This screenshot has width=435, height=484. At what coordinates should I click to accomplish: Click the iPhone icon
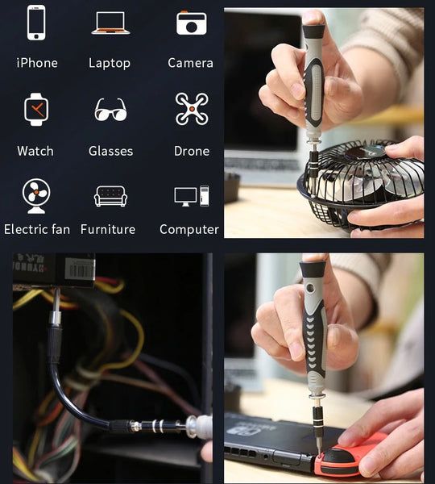click(x=36, y=23)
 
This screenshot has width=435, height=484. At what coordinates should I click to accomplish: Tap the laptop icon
click(x=110, y=23)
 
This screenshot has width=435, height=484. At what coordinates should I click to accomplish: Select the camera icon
click(x=192, y=23)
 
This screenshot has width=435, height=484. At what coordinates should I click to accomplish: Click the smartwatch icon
click(x=36, y=109)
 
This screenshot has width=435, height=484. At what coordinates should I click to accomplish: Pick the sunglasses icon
click(x=110, y=110)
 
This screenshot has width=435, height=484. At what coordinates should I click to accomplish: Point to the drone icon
click(x=192, y=109)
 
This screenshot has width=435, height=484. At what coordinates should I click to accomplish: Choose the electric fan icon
click(x=36, y=196)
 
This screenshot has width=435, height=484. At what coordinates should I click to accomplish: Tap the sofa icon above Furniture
click(x=110, y=196)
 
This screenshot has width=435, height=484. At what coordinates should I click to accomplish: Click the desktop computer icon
click(x=192, y=196)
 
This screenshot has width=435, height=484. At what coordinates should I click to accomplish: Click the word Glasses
click(x=110, y=151)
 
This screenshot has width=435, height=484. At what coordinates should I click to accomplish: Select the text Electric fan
click(x=37, y=229)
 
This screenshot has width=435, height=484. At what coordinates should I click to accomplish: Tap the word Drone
click(x=192, y=151)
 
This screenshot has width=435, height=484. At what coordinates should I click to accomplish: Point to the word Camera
click(x=190, y=63)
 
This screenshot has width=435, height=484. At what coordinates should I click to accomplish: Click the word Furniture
click(x=108, y=229)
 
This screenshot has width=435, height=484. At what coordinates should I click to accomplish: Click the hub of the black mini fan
click(x=366, y=152)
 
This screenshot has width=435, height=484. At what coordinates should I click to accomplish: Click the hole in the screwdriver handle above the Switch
click(x=310, y=288)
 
